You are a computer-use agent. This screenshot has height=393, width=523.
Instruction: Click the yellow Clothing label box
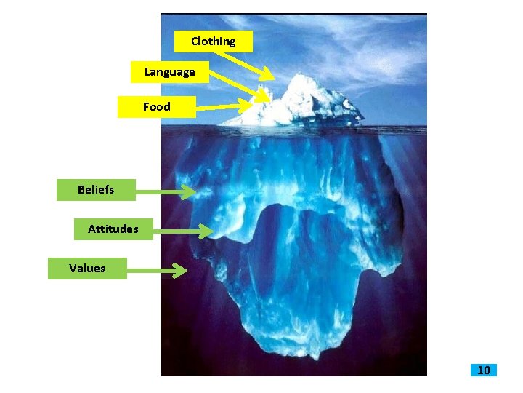(x=214, y=41)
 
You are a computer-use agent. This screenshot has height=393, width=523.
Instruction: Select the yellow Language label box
(x=170, y=72)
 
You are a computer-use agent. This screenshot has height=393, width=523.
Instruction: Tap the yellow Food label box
(x=157, y=107)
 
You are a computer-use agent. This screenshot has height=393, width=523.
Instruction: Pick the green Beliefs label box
(x=86, y=190)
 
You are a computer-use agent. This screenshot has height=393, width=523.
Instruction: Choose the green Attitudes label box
(x=113, y=229)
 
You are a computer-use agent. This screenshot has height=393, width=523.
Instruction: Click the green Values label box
(x=87, y=268)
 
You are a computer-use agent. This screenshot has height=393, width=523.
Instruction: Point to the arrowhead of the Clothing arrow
(x=269, y=75)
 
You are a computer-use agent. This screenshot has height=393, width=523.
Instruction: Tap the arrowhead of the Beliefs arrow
(x=190, y=193)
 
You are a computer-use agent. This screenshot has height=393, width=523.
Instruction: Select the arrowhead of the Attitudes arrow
(x=206, y=232)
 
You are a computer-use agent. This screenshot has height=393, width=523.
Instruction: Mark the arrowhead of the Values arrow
(x=182, y=271)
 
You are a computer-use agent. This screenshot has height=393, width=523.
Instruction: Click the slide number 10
(x=484, y=370)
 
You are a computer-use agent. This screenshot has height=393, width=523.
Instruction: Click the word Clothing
(x=214, y=41)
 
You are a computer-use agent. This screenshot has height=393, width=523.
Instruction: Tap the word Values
(x=87, y=268)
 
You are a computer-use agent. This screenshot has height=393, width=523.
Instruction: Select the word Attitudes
(x=113, y=229)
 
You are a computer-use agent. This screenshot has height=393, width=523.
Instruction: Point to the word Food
(x=157, y=107)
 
